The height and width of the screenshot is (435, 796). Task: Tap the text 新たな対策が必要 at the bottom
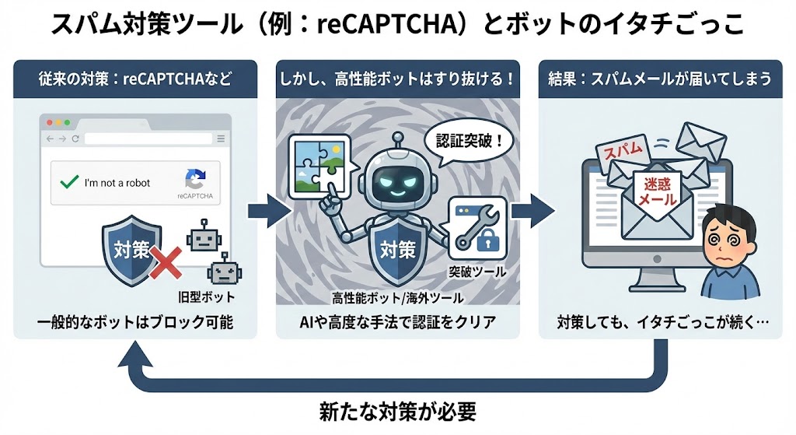click(397, 411)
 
